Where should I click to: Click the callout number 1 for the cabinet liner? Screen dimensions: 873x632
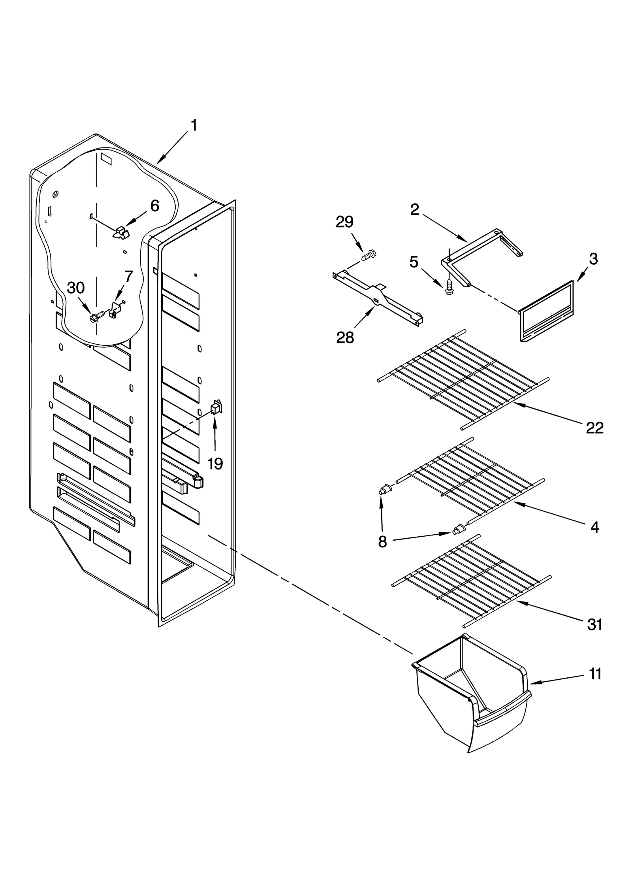194,126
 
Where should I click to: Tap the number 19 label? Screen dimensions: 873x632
215,463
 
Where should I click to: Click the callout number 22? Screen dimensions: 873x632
594,428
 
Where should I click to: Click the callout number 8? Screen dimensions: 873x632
382,542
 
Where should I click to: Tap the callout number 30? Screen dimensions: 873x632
75,288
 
